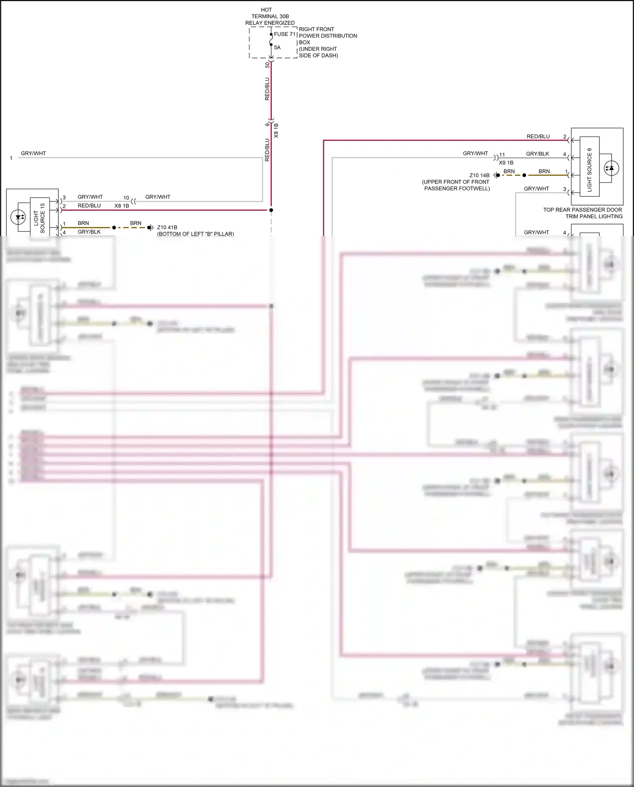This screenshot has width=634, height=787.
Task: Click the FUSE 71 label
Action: (284, 34)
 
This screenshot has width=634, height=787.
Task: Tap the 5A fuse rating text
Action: (277, 48)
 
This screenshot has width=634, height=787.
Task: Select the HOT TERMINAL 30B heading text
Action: (270, 16)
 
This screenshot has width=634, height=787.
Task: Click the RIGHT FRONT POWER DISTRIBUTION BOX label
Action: (328, 42)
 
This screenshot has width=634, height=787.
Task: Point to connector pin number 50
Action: (267, 65)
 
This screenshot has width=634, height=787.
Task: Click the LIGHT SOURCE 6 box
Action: (589, 167)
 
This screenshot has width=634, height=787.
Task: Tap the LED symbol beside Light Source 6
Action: (611, 168)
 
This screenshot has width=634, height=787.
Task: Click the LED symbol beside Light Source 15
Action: (18, 218)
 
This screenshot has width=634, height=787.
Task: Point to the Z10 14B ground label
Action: (479, 175)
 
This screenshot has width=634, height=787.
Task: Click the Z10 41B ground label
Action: (167, 228)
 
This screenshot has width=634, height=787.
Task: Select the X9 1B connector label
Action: (506, 163)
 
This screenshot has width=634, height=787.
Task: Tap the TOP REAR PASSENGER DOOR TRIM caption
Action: (582, 213)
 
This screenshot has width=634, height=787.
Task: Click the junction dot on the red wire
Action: (271, 210)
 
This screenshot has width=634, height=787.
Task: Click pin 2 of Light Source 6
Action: (565, 137)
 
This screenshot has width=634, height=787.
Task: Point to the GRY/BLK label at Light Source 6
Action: (537, 154)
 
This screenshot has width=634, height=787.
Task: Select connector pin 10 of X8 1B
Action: (126, 197)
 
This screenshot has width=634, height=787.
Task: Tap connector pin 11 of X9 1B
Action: (502, 155)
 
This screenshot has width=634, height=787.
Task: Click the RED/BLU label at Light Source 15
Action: (89, 206)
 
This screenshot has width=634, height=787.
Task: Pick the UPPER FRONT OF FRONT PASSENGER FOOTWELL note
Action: (456, 185)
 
